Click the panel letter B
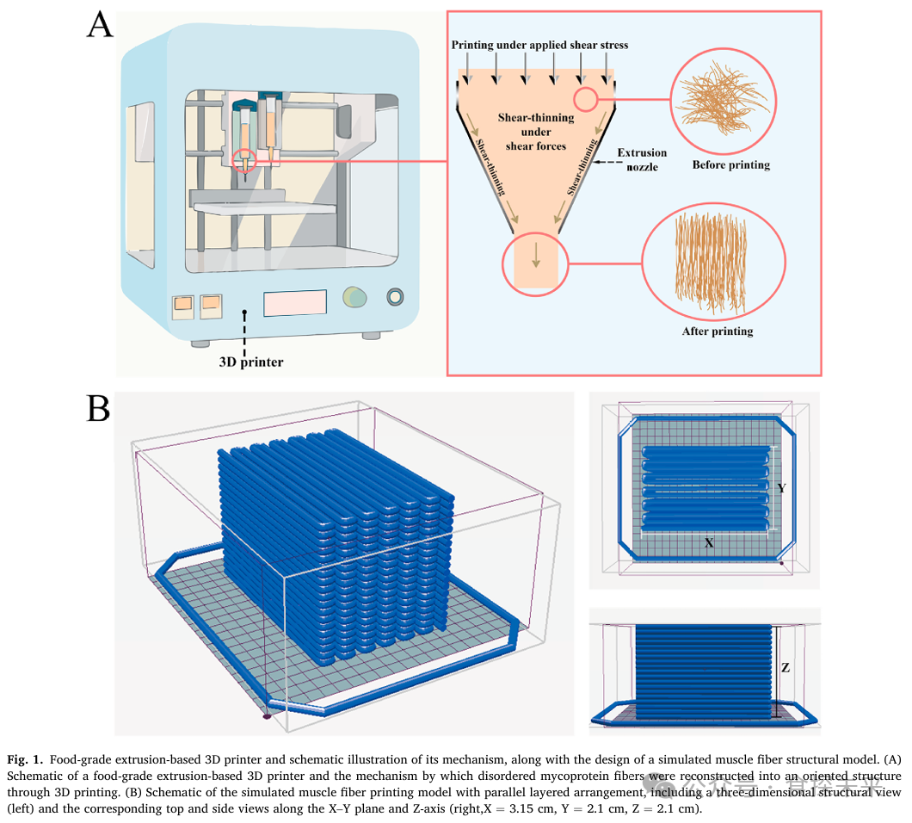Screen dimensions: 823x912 [x=99, y=408]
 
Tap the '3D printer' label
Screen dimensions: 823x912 [x=250, y=362]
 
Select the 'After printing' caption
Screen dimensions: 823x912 [x=717, y=331]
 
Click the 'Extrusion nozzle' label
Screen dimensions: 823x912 [x=642, y=159]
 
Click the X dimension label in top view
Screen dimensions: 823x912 [x=708, y=543]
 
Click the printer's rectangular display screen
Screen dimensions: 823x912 [x=295, y=303]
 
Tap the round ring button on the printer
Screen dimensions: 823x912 [x=395, y=297]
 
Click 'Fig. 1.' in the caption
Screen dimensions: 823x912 [x=23, y=760]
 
